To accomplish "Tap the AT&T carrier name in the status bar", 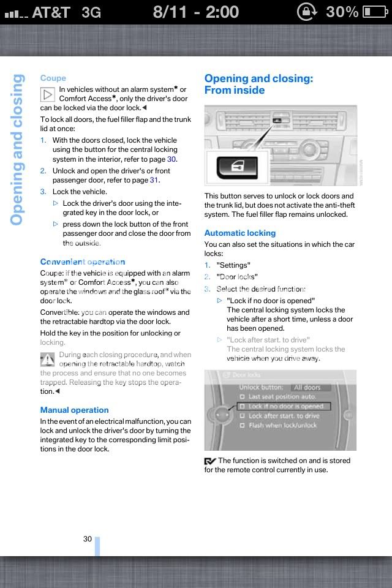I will [x=51, y=12].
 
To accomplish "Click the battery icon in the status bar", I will [x=374, y=12].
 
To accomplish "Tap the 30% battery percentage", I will [x=342, y=12].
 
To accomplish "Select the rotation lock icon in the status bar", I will [x=306, y=12].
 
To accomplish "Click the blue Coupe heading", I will [x=53, y=78].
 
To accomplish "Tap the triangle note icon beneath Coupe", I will [x=48, y=95].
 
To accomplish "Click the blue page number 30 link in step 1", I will [x=171, y=159].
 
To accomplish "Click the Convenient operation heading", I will [x=83, y=262].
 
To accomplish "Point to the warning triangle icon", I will [x=48, y=360].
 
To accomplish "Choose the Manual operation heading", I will [x=74, y=410].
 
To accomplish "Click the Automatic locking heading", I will [x=239, y=233].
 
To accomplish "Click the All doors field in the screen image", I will [x=311, y=387].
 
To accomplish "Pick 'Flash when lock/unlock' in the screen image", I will [x=282, y=425].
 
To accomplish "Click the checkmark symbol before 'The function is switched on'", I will [x=210, y=461].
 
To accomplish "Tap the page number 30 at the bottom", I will [x=88, y=539].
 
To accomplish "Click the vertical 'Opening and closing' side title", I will [x=17, y=150].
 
